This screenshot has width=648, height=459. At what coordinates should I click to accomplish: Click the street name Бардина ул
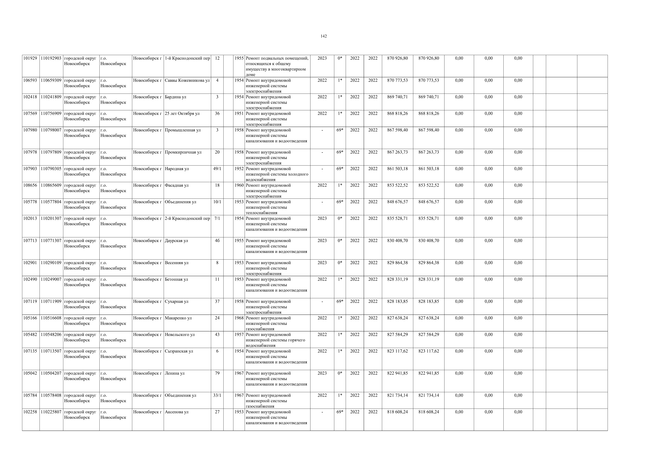pos(175,97)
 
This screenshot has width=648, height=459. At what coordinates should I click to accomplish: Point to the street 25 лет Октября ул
pos(182,114)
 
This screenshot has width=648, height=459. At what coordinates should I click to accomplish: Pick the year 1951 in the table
pos(239,114)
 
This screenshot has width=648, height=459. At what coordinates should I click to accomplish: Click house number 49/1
pos(217,169)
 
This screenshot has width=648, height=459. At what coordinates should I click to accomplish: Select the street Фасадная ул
pos(177,185)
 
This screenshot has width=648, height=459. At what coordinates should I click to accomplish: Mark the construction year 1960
pos(239,185)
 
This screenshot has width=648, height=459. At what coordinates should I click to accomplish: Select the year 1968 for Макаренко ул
pos(239,318)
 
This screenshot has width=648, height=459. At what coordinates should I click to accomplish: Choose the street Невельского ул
pos(180,335)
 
